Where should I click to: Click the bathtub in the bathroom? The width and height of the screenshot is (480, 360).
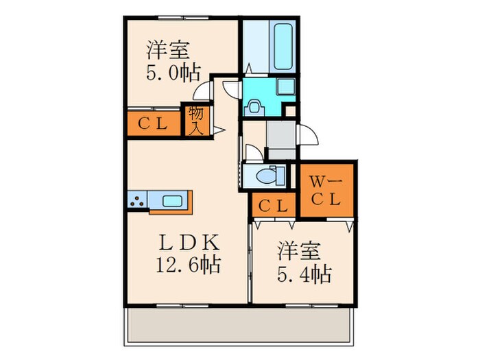coord(283,47)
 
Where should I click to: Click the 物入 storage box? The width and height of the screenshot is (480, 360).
coord(195,121)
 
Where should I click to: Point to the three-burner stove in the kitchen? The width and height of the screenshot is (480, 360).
coord(136,200)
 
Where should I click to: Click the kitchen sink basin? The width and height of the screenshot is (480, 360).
coord(172,200)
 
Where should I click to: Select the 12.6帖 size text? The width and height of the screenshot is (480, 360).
coord(190,263)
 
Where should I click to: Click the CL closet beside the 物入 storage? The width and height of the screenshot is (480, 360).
coord(152,123)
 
